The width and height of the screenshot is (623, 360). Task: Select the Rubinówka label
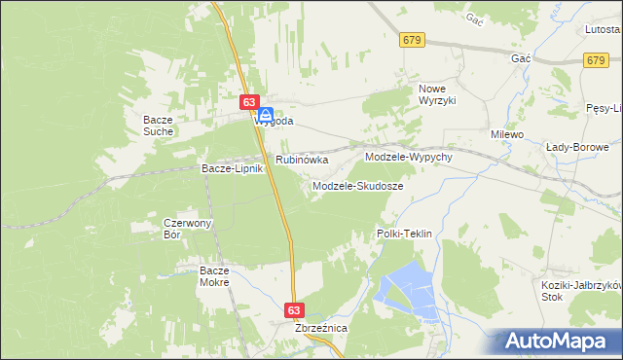(302, 159)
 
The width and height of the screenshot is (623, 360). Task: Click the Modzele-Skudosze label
(357, 185)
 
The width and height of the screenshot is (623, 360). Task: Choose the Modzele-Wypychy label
(409, 157)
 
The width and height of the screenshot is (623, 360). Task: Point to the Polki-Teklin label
(404, 234)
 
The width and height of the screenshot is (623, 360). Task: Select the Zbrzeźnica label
(321, 329)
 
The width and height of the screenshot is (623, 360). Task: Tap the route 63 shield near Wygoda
(249, 102)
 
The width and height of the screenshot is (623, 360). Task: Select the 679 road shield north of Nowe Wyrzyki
(412, 40)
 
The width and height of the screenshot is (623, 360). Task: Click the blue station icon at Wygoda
(265, 114)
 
